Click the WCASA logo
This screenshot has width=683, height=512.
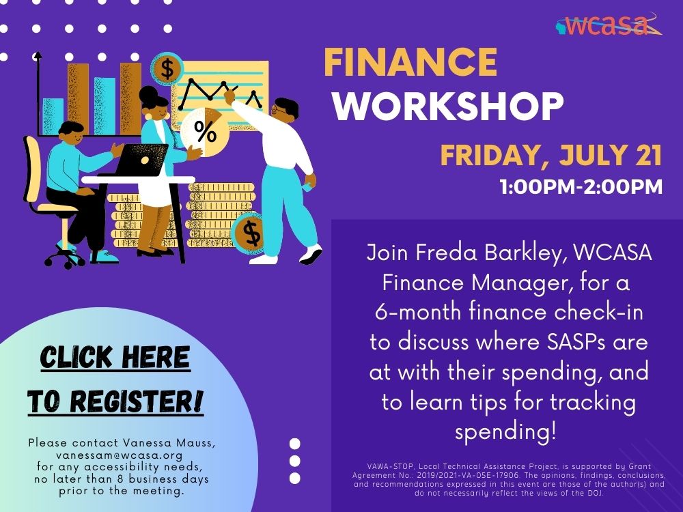click(609, 25)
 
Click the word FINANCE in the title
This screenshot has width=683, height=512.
click(410, 62)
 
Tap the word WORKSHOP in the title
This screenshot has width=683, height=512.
click(449, 106)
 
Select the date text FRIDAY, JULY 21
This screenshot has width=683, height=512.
click(551, 155)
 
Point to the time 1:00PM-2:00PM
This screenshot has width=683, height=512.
click(581, 187)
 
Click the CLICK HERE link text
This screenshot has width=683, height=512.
click(115, 358)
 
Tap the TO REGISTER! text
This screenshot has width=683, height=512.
click(115, 401)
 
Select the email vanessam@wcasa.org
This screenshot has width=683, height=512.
click(120, 455)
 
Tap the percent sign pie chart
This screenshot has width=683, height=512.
click(205, 132)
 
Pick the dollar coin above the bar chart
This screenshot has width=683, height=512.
click(167, 69)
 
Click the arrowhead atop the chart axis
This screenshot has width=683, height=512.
click(38, 55)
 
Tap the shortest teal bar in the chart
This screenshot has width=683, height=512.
click(53, 117)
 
